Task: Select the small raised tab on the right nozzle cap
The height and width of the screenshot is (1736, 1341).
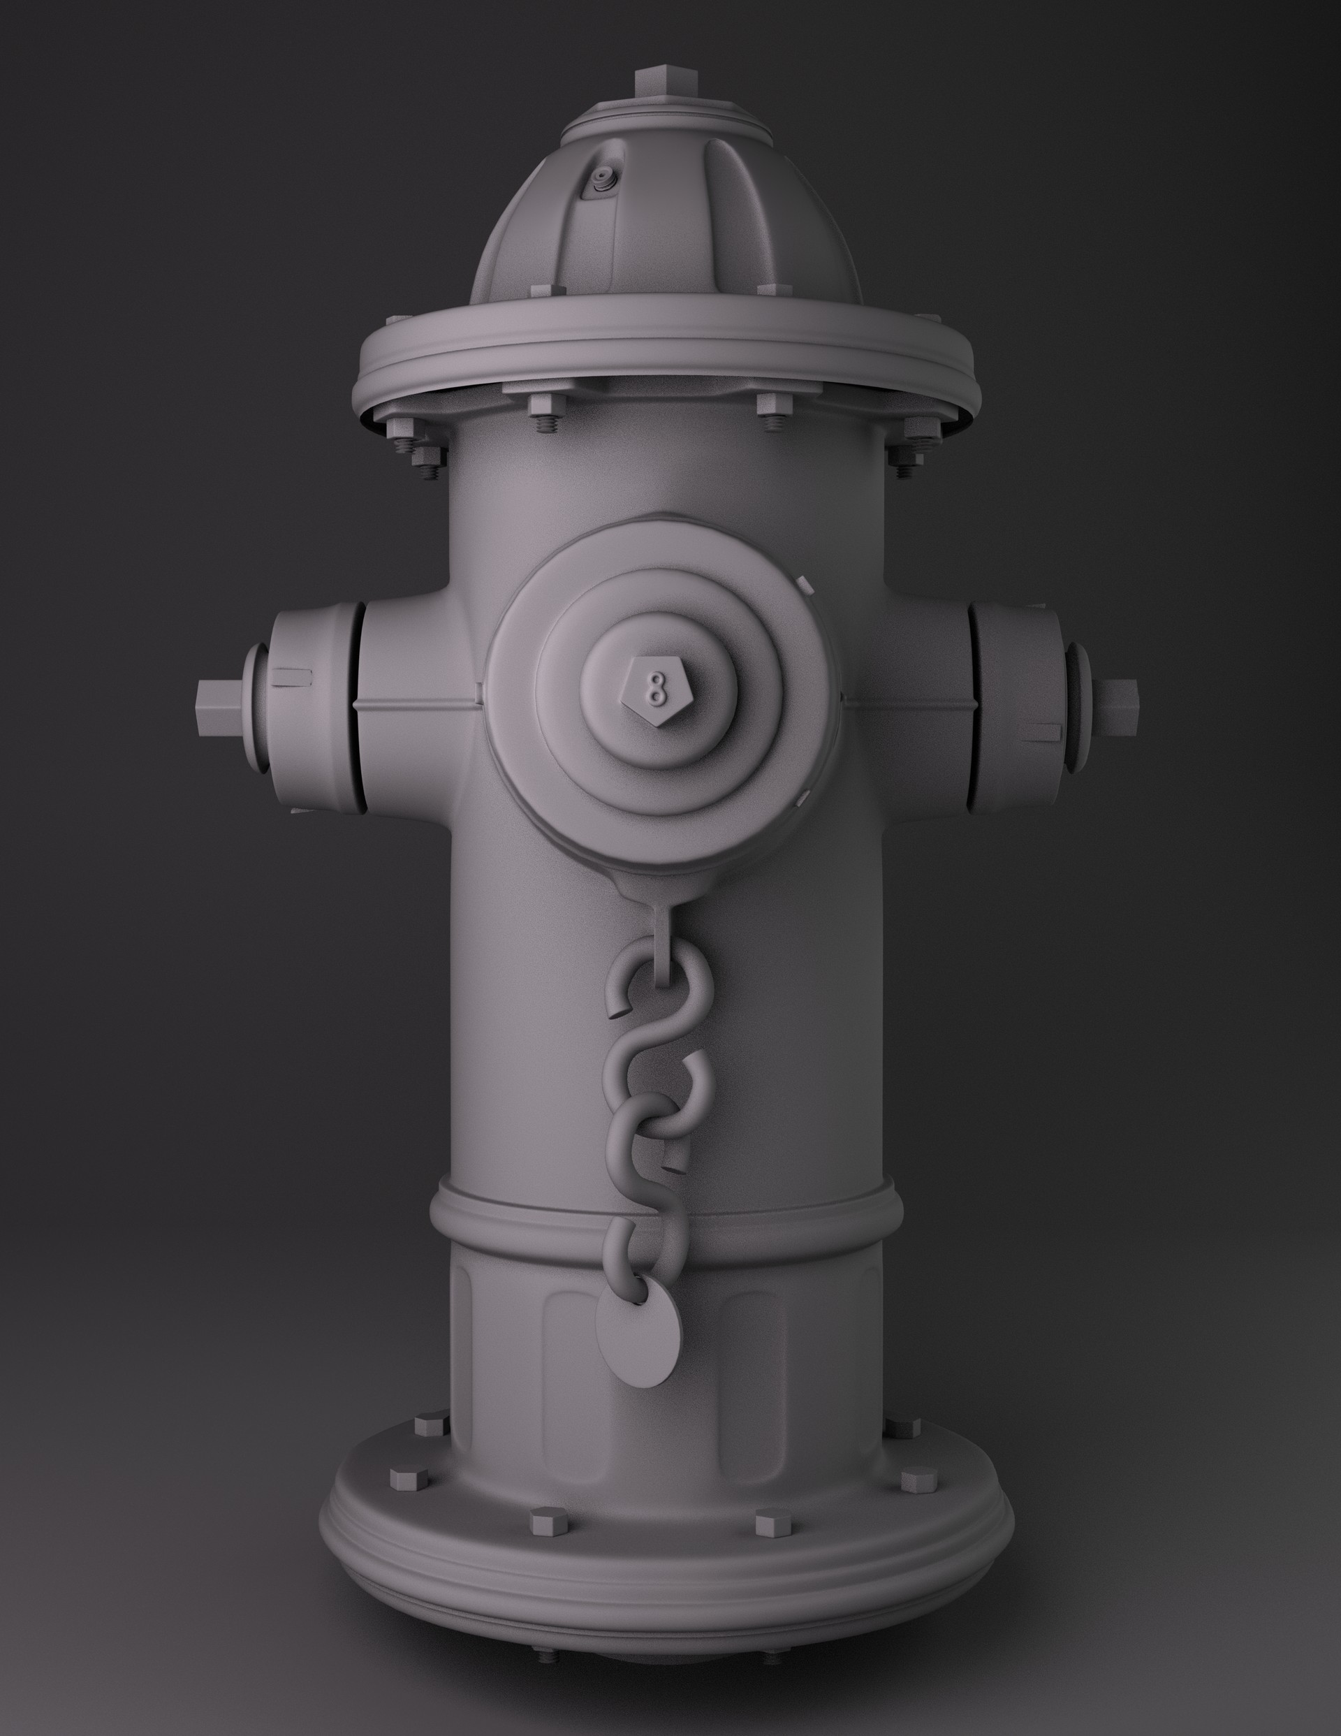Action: pyautogui.click(x=1046, y=731)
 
